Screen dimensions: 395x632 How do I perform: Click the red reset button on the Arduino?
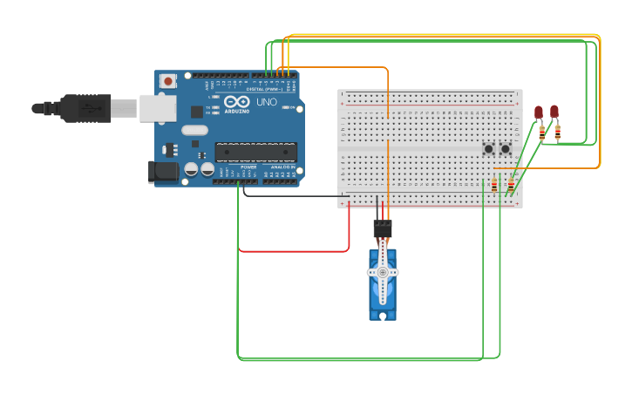coord(168,81)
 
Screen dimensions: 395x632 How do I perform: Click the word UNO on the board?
coord(267,102)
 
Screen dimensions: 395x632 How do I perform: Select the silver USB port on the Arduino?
coord(158,108)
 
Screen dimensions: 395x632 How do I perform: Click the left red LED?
coord(539,112)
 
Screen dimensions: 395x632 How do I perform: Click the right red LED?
coord(554,111)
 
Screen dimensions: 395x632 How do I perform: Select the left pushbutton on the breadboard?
coord(489,148)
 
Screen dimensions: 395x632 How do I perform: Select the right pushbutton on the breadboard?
coord(505,148)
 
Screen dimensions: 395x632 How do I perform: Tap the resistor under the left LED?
coord(542,133)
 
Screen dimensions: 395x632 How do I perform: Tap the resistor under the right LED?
coord(558,133)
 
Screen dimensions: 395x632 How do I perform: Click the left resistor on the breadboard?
coord(494,185)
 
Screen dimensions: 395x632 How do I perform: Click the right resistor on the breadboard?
coord(511,185)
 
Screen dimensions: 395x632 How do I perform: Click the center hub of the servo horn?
coord(383,272)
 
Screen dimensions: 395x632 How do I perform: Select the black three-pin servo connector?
coord(383,228)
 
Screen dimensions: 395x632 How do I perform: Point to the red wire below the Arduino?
coord(288,251)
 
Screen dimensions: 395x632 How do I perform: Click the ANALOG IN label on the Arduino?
coord(281,167)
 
